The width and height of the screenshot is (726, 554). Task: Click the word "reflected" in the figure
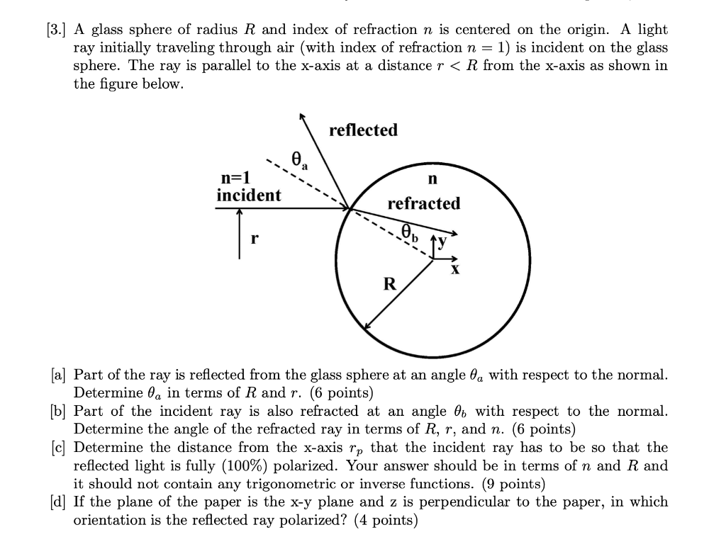pyautogui.click(x=364, y=130)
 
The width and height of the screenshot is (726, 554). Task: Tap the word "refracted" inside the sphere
pyautogui.click(x=423, y=204)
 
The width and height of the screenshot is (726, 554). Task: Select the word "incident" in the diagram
pyautogui.click(x=248, y=195)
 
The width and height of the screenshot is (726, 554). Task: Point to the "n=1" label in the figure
pyautogui.click(x=236, y=178)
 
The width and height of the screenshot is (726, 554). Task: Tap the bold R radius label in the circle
pyautogui.click(x=389, y=285)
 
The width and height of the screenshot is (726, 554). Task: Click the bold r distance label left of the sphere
pyautogui.click(x=253, y=239)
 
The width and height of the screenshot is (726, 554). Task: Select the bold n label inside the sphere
pyautogui.click(x=432, y=178)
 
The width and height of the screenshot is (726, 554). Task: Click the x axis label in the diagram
pyautogui.click(x=455, y=269)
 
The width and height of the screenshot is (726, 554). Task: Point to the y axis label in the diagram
pyautogui.click(x=443, y=243)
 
